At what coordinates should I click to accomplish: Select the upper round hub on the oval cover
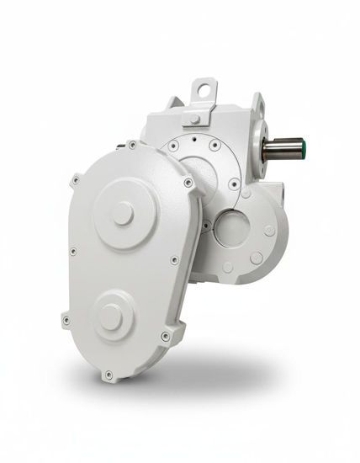pos(124,213)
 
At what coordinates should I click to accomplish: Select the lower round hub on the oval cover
pos(110,317)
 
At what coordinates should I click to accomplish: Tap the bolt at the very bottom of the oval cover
pos(108,375)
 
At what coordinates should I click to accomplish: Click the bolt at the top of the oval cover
pos(132,145)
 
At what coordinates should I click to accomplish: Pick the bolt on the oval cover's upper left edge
pos(75,179)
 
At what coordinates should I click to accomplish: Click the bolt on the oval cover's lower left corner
pos(66,319)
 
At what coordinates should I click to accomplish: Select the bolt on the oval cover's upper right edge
pos(188,183)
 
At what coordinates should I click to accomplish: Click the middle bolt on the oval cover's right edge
pos(175,260)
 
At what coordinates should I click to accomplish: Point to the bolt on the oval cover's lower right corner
pos(165,336)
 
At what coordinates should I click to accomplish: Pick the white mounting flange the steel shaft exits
pos(257,147)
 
